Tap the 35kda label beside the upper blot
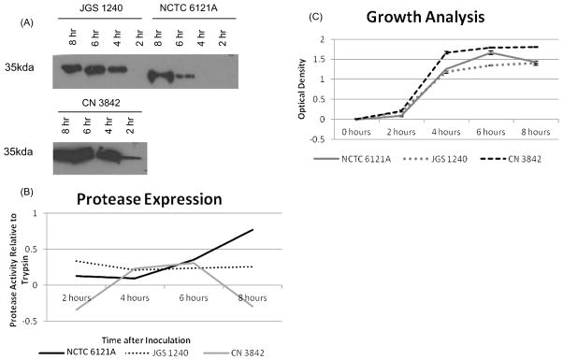22,68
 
